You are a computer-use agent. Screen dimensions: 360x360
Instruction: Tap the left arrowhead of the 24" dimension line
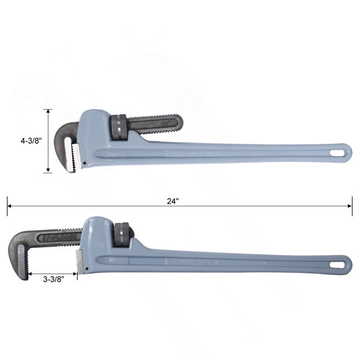coord(10,206)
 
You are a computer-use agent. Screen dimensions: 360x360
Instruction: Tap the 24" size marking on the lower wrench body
coord(113,259)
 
